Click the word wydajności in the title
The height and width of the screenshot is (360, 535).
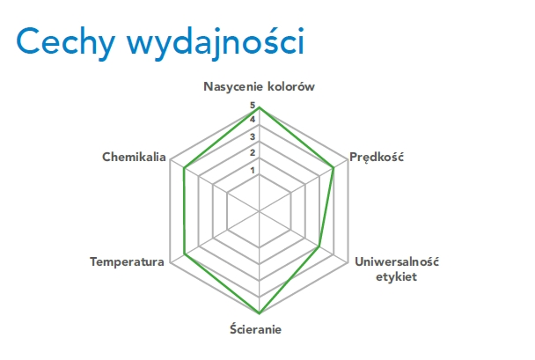click(x=216, y=43)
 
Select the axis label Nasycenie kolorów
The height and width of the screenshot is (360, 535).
click(x=259, y=86)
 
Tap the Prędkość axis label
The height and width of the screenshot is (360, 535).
click(x=377, y=158)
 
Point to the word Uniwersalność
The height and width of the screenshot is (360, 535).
click(x=397, y=261)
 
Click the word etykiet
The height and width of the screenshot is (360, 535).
click(x=397, y=276)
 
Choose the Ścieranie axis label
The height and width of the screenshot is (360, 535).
click(x=255, y=329)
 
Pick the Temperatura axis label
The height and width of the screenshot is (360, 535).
click(x=127, y=261)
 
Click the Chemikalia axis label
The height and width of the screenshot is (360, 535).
click(x=134, y=157)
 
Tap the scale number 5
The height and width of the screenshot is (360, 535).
click(x=253, y=106)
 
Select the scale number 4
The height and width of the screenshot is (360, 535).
click(x=253, y=120)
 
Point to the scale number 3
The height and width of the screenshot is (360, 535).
click(x=253, y=136)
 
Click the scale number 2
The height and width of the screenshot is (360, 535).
click(x=253, y=152)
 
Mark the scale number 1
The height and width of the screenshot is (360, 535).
click(x=253, y=170)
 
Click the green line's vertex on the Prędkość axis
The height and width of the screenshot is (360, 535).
click(x=333, y=168)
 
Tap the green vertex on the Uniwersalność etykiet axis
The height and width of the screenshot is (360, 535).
click(x=319, y=246)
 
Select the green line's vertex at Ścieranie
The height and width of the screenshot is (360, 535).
click(x=260, y=313)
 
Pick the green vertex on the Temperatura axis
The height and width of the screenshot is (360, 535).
click(x=184, y=254)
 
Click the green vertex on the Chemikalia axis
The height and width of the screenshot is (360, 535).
click(x=184, y=168)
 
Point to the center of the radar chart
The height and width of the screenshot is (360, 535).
click(x=260, y=211)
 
